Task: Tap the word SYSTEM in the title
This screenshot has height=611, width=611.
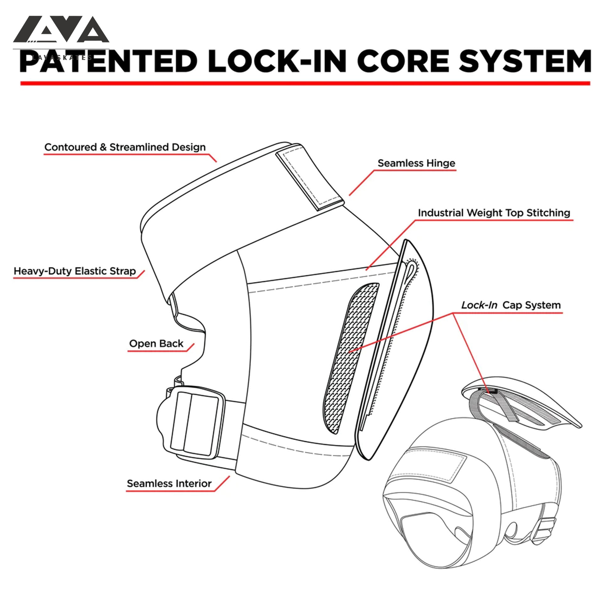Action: click(525, 61)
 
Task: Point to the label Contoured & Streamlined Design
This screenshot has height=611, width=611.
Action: click(125, 147)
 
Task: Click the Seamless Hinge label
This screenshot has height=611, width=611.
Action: click(416, 163)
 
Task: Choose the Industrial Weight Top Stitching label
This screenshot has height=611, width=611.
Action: click(494, 213)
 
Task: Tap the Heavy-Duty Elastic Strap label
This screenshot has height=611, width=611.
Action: click(75, 271)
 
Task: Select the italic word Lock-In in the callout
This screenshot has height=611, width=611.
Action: click(479, 305)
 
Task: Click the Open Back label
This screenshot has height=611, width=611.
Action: click(156, 343)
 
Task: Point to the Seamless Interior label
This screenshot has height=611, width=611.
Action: click(169, 484)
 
